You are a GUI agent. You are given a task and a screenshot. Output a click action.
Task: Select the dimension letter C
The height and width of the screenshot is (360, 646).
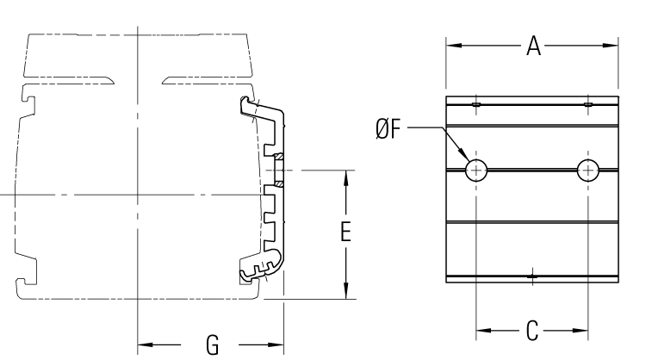(x=531, y=329)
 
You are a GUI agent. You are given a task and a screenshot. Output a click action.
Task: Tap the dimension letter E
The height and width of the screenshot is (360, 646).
(x=345, y=233)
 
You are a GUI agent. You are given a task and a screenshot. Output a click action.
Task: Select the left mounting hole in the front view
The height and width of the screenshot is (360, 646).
(x=476, y=170)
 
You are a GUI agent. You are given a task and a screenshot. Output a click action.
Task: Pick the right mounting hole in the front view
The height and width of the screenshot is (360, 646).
(x=587, y=170)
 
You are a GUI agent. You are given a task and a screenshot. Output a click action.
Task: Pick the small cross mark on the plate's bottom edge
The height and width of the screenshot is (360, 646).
(x=533, y=277)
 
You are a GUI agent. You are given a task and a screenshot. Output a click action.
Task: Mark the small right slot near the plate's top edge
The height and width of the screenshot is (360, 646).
(x=588, y=105)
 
